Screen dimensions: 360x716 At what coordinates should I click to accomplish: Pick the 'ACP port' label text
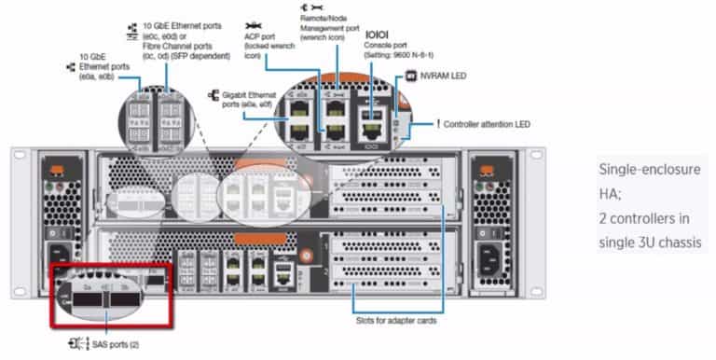259,39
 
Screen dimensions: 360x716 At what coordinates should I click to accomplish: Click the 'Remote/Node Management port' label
327,24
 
